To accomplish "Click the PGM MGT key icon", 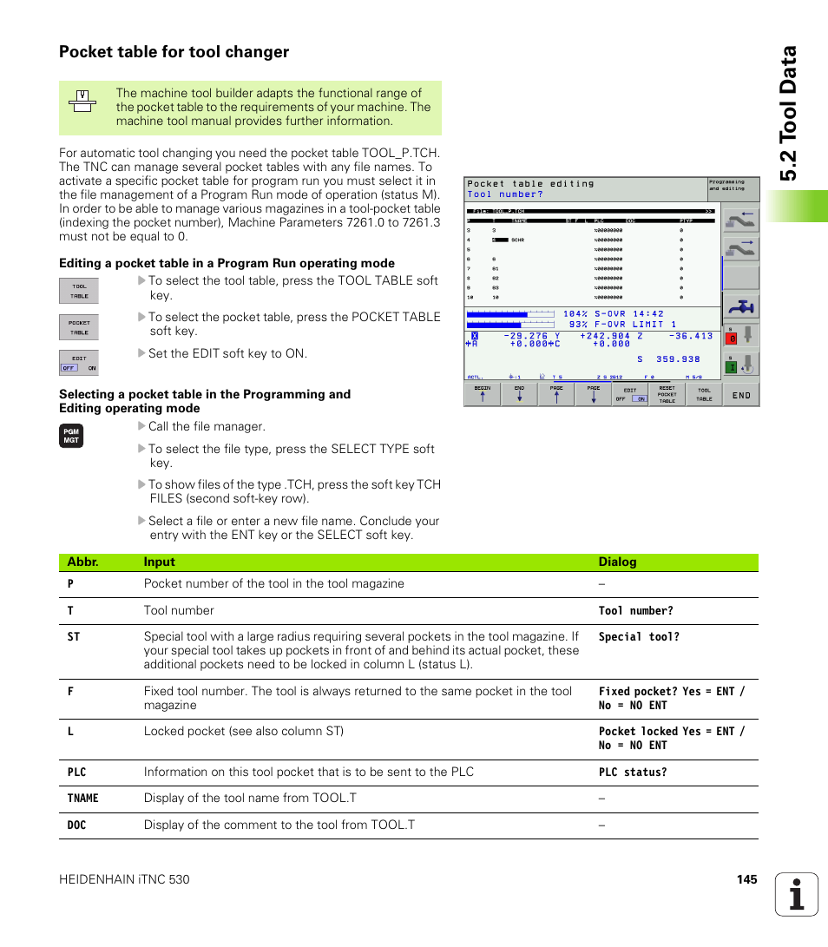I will coord(71,437).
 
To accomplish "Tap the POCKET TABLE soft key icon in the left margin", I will coord(79,327).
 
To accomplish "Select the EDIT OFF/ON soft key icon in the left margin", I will coord(79,363).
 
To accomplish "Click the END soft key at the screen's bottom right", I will coord(741,395).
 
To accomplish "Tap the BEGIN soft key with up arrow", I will coord(483,394).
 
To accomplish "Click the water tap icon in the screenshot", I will coord(740,306).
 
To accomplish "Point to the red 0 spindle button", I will coord(732,339).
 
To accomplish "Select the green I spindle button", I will coord(732,367).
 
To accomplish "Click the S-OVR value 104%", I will coord(575,313).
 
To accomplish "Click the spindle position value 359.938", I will coord(679,358).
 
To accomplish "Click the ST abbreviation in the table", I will coord(74,637).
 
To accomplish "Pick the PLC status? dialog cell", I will coord(633,773).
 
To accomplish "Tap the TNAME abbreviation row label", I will coord(83,799).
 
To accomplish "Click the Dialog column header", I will coord(617,562).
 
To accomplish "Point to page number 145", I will coord(746,879).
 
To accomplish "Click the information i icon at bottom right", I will coord(797,894).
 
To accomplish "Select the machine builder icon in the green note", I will coord(82,102).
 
